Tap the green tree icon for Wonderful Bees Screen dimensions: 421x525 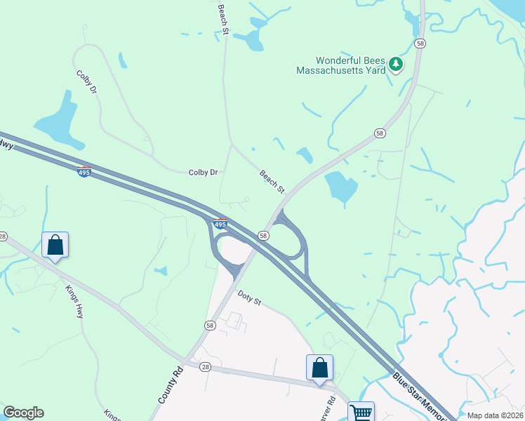[397, 65]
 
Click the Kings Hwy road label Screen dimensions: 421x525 [74, 302]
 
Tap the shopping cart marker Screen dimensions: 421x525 [361, 411]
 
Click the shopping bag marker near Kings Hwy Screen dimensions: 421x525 [55, 246]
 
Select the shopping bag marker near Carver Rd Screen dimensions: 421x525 [319, 368]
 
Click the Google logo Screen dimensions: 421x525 [23, 413]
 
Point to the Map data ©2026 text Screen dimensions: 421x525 [496, 415]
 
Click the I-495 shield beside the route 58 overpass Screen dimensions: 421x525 [220, 225]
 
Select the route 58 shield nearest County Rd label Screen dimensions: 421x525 [210, 326]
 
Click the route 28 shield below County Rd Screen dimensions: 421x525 [205, 366]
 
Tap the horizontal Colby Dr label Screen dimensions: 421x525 [204, 173]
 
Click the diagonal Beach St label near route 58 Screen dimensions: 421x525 [272, 182]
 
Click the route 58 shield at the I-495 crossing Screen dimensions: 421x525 [263, 236]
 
